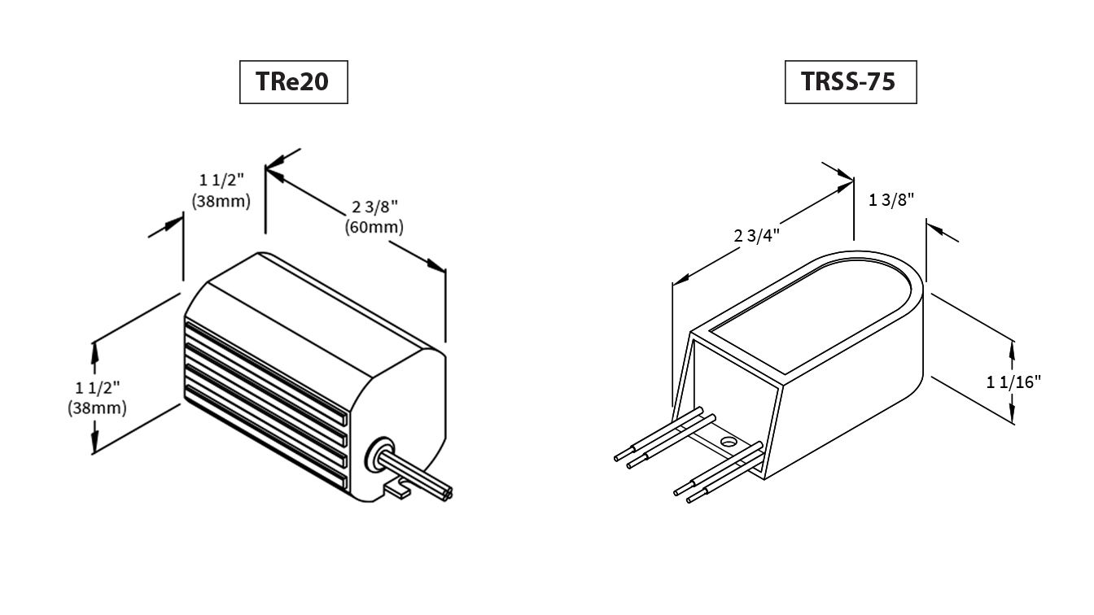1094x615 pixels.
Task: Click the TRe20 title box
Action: pyautogui.click(x=294, y=82)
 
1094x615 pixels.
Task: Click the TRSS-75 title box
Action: pyautogui.click(x=851, y=82)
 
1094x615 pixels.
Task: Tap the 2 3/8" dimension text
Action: pyautogui.click(x=374, y=207)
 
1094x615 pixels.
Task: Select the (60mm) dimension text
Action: pyautogui.click(x=374, y=228)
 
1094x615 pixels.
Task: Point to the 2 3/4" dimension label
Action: pyautogui.click(x=756, y=236)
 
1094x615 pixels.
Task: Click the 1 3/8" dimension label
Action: pyautogui.click(x=891, y=199)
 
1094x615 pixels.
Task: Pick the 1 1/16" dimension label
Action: pyautogui.click(x=1013, y=382)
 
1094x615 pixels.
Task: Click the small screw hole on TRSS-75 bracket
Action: pyautogui.click(x=729, y=443)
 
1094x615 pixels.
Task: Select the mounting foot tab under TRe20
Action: pyautogui.click(x=398, y=490)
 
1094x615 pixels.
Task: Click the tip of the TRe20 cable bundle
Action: pyautogui.click(x=448, y=494)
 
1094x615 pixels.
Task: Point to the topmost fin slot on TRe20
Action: pyautogui.click(x=266, y=372)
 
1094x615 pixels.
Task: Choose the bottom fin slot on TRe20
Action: pyautogui.click(x=266, y=438)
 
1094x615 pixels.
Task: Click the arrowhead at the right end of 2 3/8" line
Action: pyautogui.click(x=436, y=266)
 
